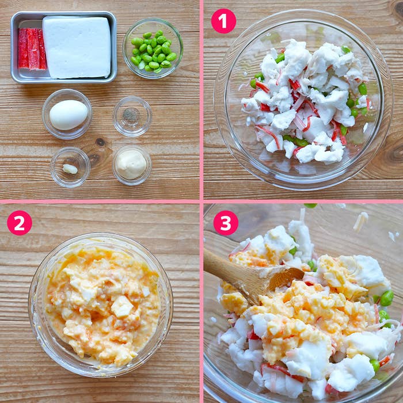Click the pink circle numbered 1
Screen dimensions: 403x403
coord(223,21)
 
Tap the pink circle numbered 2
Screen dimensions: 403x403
coord(20,223)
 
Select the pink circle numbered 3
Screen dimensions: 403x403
coord(226,223)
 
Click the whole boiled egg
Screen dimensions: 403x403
coord(69,115)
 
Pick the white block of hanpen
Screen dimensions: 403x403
coord(77,47)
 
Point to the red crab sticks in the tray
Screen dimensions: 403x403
coord(32,49)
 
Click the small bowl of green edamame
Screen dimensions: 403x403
coord(153,48)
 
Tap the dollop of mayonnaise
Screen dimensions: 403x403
coord(131,164)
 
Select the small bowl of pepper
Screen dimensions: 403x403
coord(132,116)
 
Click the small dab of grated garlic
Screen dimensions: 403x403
coord(70,169)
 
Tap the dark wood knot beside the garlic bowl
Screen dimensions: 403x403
coord(100,142)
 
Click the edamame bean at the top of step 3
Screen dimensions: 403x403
coord(310,206)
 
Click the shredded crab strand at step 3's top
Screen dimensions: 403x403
coord(360,220)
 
